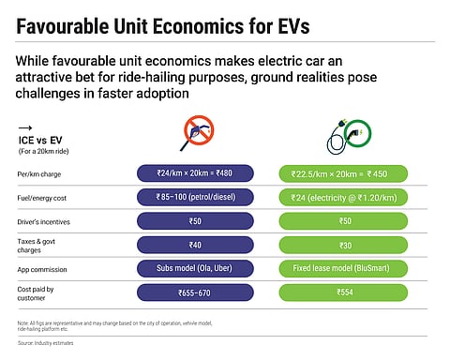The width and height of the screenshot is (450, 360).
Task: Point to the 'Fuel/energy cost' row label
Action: tap(46, 197)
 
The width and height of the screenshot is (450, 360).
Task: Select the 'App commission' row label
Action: tap(45, 272)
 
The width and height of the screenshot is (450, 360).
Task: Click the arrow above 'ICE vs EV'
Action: tap(26, 129)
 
